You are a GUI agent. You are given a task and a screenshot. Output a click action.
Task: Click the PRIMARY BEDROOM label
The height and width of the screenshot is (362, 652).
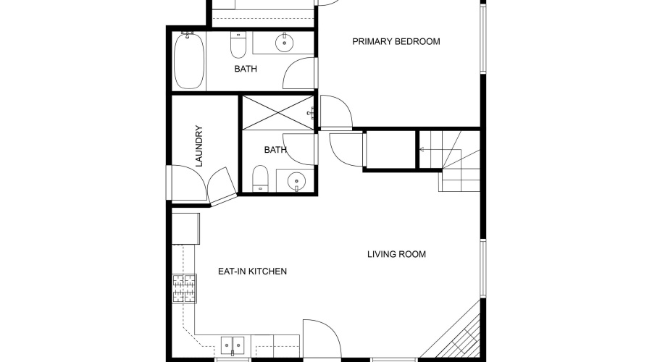click(396, 41)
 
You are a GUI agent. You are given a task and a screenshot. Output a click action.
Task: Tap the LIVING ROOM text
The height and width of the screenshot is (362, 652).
click(396, 254)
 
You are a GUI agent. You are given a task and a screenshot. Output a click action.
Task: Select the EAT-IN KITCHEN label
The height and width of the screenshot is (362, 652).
click(253, 271)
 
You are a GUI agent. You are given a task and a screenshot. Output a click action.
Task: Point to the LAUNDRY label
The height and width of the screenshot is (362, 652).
click(199, 146)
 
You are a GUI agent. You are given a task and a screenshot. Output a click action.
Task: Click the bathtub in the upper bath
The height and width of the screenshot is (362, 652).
click(188, 61)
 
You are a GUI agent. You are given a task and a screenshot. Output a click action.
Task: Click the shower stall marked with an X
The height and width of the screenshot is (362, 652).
click(278, 112)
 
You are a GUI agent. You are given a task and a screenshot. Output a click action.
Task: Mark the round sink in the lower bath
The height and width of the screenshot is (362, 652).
click(296, 180)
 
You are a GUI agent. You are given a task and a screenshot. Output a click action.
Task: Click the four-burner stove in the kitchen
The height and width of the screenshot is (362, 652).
click(184, 288)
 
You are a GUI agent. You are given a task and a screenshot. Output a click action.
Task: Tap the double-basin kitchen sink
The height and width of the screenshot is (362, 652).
click(233, 345)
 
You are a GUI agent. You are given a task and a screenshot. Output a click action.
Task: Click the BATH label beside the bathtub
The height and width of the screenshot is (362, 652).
click(246, 70)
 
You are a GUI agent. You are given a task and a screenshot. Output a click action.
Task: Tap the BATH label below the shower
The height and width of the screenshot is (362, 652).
click(275, 151)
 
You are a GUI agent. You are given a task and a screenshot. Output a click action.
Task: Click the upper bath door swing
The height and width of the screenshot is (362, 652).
click(298, 76)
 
